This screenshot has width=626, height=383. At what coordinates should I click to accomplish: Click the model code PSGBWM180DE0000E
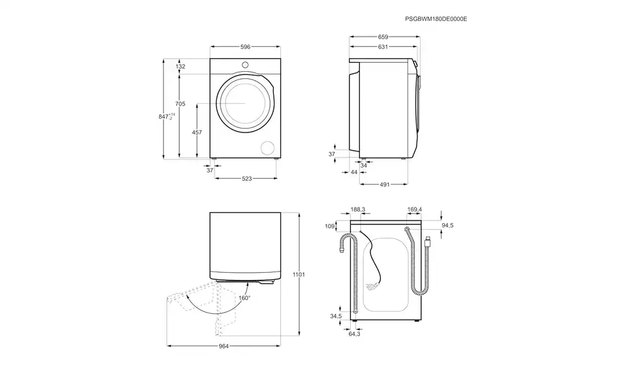click(436, 19)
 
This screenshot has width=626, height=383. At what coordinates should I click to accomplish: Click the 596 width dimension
click(245, 47)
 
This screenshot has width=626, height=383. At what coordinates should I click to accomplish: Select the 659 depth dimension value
click(383, 37)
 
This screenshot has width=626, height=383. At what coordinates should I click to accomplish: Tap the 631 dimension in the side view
click(383, 47)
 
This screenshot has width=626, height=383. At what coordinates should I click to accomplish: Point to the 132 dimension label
click(181, 67)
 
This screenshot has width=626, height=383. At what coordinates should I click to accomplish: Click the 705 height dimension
click(181, 104)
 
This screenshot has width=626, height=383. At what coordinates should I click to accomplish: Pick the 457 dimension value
click(197, 132)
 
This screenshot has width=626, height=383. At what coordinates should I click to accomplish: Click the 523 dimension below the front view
click(246, 179)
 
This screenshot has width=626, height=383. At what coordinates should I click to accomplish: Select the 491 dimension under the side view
click(385, 185)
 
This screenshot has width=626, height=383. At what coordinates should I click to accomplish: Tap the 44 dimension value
click(354, 172)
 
